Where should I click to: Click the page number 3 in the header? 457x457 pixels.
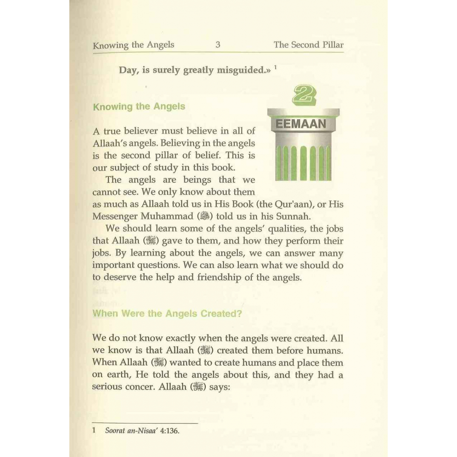(x=218, y=45)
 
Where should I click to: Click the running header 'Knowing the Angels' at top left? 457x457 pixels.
(x=133, y=45)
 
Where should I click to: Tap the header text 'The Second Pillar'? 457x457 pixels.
(x=308, y=45)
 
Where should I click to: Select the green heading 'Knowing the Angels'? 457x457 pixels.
(x=139, y=107)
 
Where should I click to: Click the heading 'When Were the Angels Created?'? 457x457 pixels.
(x=167, y=314)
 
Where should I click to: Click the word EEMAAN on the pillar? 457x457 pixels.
(x=300, y=124)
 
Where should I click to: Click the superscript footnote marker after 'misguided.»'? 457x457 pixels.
(x=275, y=67)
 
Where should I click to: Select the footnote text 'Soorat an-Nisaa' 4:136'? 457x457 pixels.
(x=142, y=431)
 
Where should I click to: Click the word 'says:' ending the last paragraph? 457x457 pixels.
(x=220, y=387)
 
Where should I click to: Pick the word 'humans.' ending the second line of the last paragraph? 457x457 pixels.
(x=325, y=350)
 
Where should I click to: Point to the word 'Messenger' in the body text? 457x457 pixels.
(x=115, y=217)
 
